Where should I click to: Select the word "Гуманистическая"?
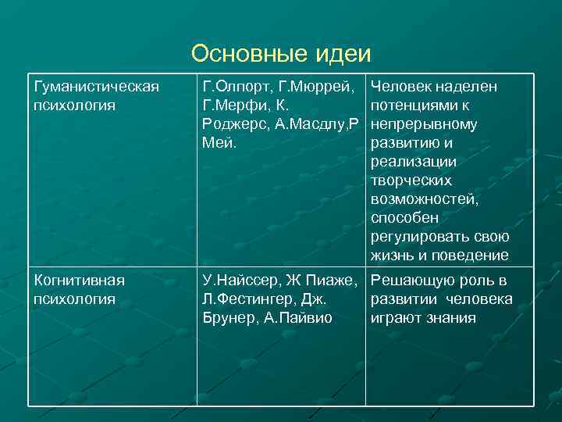(x=94, y=87)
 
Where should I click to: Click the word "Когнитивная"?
(x=78, y=280)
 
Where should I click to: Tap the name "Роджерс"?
(x=230, y=124)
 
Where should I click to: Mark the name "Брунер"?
(x=226, y=318)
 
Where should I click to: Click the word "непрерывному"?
(x=424, y=124)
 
